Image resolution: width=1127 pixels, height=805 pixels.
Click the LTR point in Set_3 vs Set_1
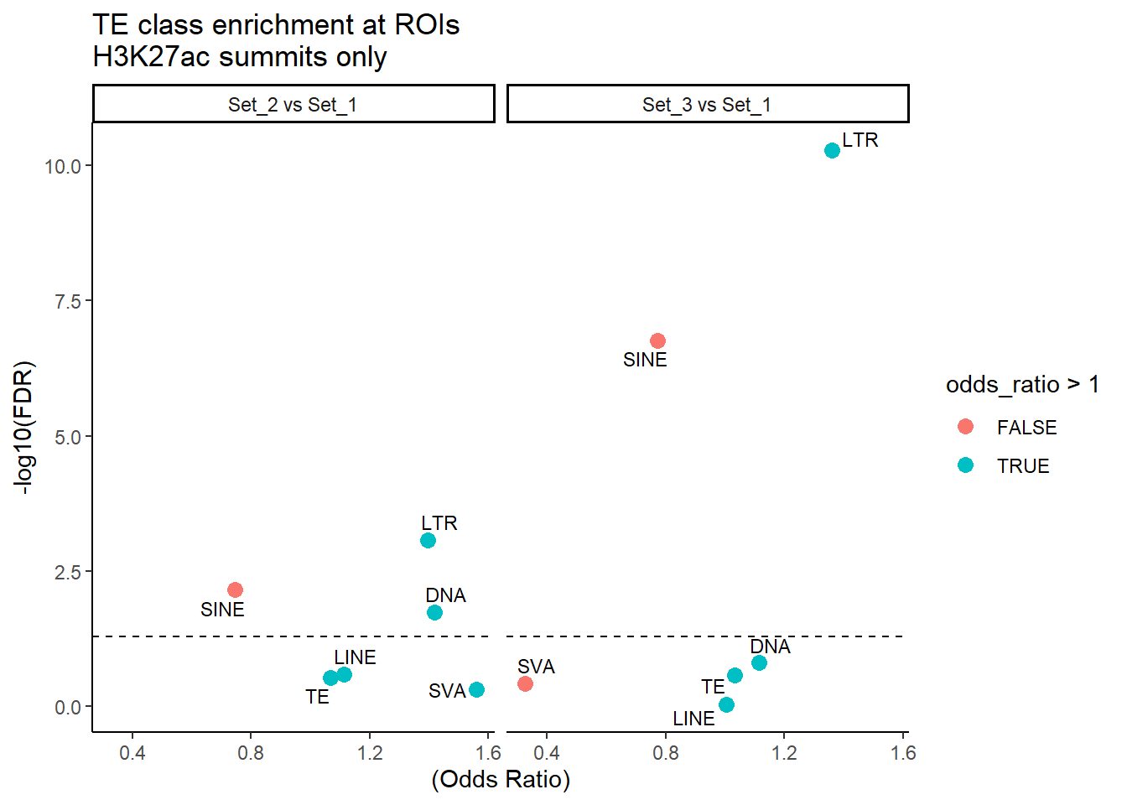click(832, 151)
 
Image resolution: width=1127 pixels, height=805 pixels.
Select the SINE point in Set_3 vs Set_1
click(657, 341)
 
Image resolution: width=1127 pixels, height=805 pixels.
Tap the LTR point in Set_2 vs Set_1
click(428, 541)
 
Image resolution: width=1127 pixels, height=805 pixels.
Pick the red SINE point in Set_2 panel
click(235, 590)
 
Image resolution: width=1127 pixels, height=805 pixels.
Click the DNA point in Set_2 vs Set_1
click(434, 613)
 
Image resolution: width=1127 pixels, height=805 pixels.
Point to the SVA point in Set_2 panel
click(476, 690)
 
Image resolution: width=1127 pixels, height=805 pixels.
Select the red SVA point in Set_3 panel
click(525, 684)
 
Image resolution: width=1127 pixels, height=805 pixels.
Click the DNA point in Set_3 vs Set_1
click(759, 663)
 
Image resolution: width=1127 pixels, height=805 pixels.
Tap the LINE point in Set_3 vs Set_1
click(726, 705)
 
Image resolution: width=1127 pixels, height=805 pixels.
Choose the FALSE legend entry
click(966, 427)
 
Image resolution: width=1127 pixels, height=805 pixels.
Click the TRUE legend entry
click(966, 465)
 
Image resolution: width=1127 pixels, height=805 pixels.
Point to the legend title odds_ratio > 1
click(1022, 385)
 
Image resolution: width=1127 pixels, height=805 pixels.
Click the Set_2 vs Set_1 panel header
click(293, 105)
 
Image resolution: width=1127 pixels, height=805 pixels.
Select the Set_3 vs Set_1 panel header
click(707, 105)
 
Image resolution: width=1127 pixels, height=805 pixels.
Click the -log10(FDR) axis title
click(25, 428)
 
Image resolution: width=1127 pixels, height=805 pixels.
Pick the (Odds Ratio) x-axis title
click(501, 780)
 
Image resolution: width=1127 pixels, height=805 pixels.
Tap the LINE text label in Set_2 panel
click(355, 657)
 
